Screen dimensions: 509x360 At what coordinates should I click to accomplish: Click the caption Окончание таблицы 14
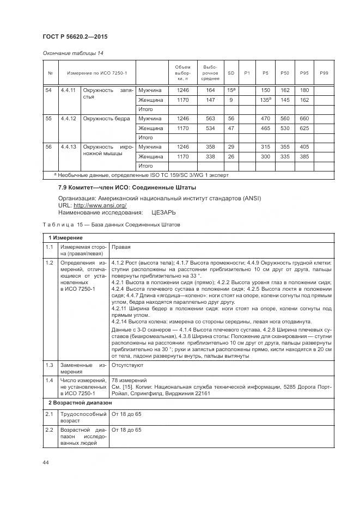coord(72,53)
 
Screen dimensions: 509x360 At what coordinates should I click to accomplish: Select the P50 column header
coord(284,73)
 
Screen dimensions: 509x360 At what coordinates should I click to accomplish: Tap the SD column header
coord(231,73)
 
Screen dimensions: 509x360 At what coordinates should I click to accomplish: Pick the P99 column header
coord(324,73)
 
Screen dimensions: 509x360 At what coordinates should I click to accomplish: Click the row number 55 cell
coord(50,118)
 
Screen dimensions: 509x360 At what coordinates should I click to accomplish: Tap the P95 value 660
coord(304,118)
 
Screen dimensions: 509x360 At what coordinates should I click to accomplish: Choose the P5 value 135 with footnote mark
coord(266,100)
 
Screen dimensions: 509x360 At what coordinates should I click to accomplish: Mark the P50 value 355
coord(284,146)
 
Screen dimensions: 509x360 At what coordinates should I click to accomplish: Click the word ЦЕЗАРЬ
coord(163,212)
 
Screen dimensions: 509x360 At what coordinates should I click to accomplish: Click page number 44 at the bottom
coord(46,462)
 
